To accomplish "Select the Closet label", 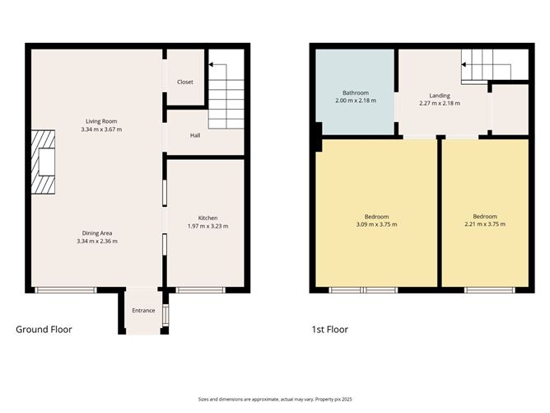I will (x=186, y=82).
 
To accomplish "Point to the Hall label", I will (x=195, y=135).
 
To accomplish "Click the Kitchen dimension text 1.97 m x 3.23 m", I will (x=207, y=226).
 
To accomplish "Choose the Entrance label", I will (x=144, y=312).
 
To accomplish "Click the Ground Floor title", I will (x=44, y=330).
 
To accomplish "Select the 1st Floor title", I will (x=329, y=330).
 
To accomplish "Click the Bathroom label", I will (x=356, y=93).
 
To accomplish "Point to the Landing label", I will (x=440, y=96).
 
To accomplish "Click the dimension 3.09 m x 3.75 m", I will (x=376, y=224).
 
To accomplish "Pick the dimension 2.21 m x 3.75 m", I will (x=484, y=224).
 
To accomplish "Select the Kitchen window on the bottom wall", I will (x=202, y=289).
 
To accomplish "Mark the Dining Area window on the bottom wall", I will (x=65, y=289).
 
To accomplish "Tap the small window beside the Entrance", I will (x=165, y=314).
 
